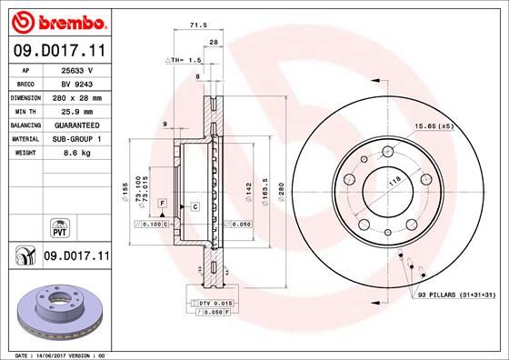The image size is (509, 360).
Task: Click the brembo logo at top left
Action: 56,21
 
